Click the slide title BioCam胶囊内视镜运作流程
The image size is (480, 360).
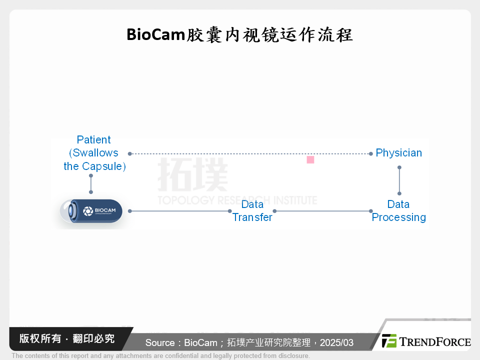[239, 35]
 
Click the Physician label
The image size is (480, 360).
[398, 153]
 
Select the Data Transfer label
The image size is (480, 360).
[252, 210]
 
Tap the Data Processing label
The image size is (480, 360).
[398, 210]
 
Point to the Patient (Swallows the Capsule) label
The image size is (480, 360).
[94, 153]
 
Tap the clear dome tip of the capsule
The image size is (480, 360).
[64, 211]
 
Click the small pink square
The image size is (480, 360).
[310, 159]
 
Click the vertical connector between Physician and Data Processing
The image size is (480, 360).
[399, 181]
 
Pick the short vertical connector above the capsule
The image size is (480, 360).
[91, 184]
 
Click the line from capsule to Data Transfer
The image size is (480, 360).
[180, 211]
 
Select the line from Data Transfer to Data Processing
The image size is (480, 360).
[322, 211]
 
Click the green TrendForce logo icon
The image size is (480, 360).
[389, 341]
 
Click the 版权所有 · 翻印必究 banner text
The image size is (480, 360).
[67, 338]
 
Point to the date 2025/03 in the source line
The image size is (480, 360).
[336, 343]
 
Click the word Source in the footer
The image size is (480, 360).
[159, 343]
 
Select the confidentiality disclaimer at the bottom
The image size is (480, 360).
[160, 356]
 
